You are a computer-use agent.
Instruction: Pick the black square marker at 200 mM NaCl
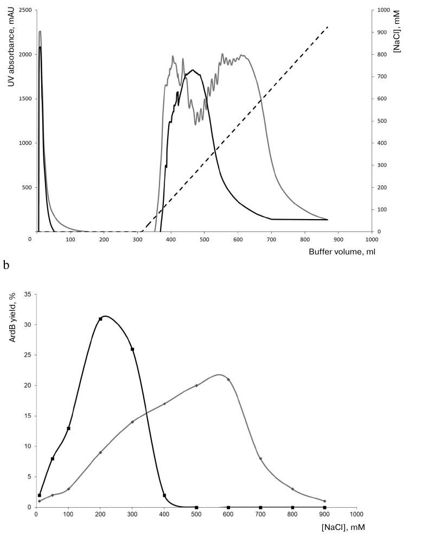[x=100, y=319]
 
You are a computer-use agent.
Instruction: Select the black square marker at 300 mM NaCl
[x=132, y=349]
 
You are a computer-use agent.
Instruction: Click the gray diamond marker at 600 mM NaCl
[x=228, y=380]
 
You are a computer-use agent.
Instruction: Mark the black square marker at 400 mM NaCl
[x=164, y=495]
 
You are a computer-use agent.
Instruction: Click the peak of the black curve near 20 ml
[x=40, y=47]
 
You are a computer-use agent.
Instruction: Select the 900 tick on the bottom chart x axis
[x=324, y=515]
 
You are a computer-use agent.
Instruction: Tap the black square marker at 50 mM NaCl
[x=53, y=458]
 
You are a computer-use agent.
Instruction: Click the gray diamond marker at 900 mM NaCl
[x=324, y=501]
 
